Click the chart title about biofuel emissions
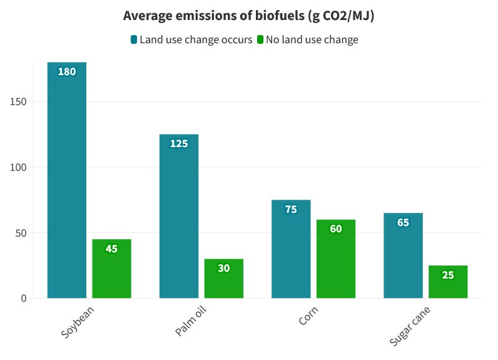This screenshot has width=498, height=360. (x=248, y=16)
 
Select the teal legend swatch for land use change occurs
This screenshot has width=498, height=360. (x=134, y=40)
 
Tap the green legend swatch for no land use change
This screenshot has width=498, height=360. (x=260, y=40)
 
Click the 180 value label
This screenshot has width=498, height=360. (x=67, y=72)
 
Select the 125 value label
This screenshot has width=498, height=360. (x=179, y=144)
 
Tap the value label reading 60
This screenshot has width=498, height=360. (x=336, y=229)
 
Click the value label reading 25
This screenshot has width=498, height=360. (x=448, y=275)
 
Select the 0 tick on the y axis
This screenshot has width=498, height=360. (x=23, y=299)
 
